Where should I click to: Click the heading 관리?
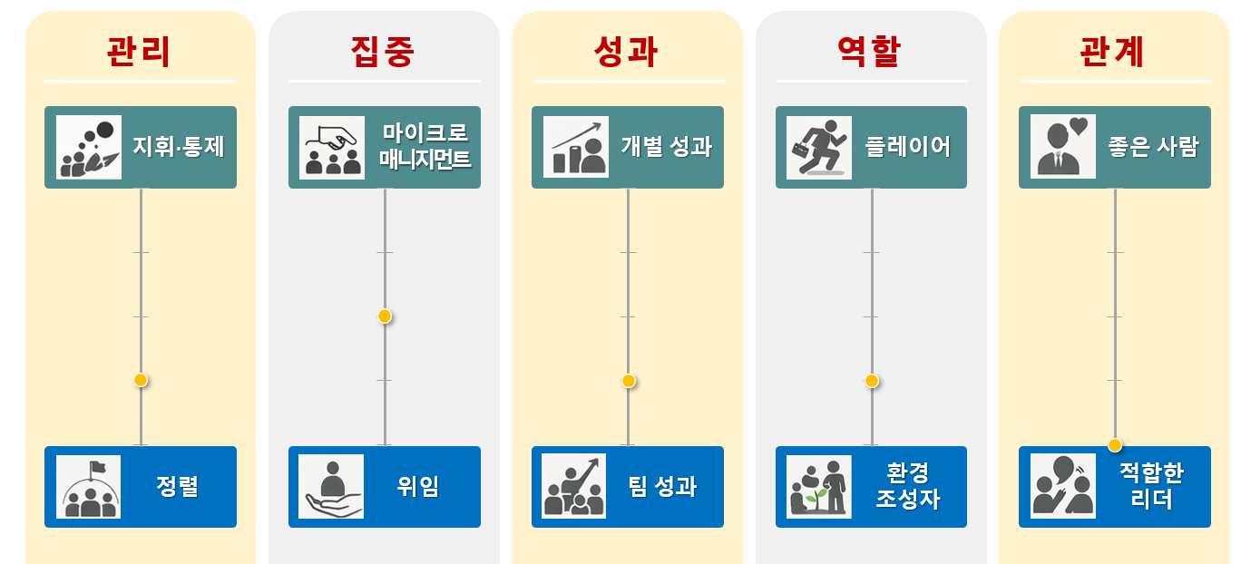139,52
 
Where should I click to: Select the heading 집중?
383,52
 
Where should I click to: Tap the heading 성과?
626,52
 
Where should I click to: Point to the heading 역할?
869,52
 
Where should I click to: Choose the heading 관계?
1113,52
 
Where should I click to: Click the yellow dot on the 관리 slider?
141,380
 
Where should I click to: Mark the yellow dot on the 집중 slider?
385,316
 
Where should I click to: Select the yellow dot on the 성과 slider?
628,381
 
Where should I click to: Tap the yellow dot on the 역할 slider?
872,381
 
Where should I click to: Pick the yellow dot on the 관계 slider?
1115,445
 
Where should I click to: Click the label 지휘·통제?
178,147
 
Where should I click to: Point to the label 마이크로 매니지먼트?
425,147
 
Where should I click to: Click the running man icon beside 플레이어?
819,147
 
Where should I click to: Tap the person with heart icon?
1063,147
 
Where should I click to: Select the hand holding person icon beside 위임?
332,487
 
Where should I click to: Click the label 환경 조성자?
908,487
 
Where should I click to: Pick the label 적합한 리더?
1151,487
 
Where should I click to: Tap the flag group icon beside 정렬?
89,487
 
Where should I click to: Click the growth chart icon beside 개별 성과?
576,147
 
